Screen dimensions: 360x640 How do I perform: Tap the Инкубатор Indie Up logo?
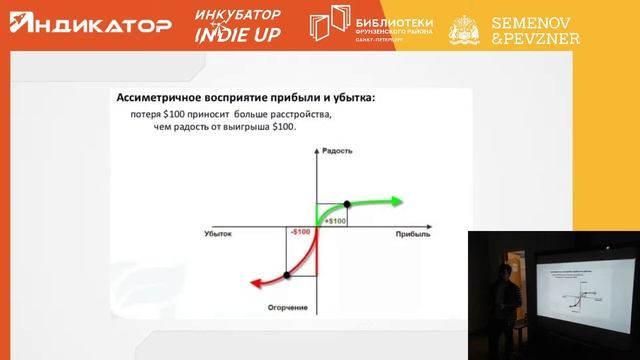(237, 26)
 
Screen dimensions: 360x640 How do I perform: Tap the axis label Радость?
(337, 151)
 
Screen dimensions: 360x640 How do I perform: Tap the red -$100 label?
(300, 232)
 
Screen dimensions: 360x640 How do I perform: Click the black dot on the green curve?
(348, 203)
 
